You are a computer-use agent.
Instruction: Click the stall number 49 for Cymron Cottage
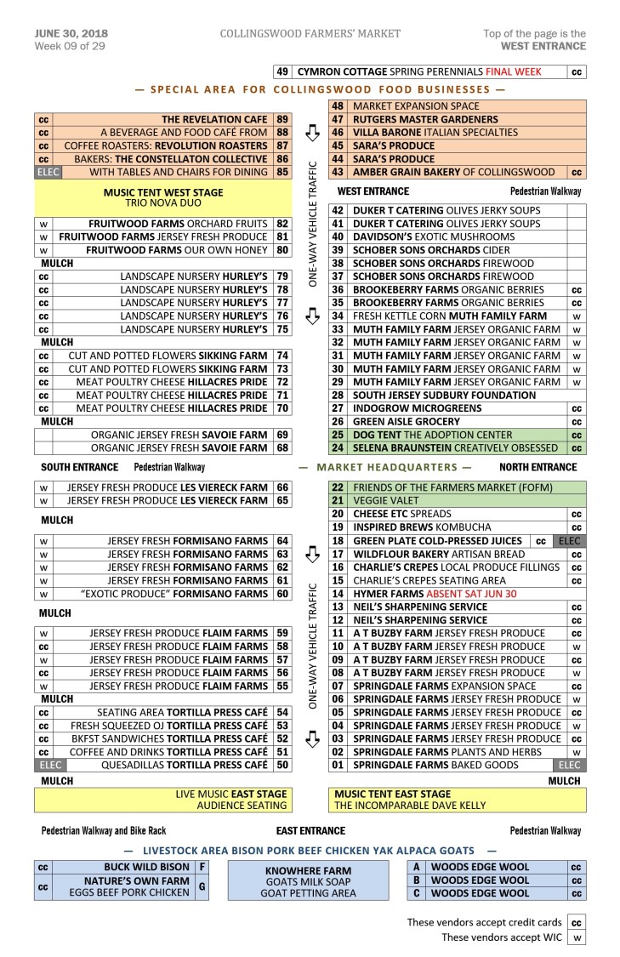pos(282,72)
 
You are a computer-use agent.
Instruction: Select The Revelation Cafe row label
pos(213,120)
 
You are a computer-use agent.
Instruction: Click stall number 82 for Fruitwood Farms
pos(282,224)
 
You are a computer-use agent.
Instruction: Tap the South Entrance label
pos(80,467)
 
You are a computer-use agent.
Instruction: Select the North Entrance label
pos(538,467)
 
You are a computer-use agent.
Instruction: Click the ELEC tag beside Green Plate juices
pos(567,541)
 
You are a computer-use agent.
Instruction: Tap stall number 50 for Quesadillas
pos(282,765)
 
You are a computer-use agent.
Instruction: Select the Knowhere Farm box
pos(308,882)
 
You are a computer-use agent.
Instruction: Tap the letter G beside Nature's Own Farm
pos(202,886)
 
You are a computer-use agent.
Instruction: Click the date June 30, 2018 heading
pos(71,33)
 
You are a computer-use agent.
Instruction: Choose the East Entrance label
pos(310,830)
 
